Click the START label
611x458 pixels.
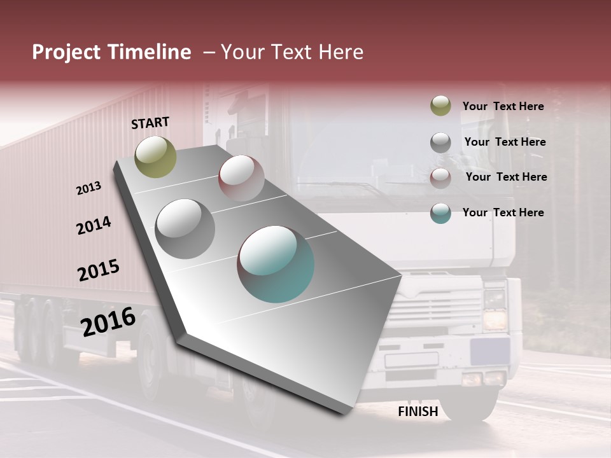[x=150, y=123]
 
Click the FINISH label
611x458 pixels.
[x=418, y=412]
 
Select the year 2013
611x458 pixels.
[x=89, y=188]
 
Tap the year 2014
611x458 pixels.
[x=94, y=225]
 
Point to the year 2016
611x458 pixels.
[x=108, y=321]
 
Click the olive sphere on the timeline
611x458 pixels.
[x=156, y=156]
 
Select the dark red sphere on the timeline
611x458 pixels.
[x=241, y=177]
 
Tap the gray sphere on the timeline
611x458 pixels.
[x=185, y=228]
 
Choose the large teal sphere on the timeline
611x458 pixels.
[x=276, y=263]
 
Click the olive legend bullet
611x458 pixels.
[x=440, y=106]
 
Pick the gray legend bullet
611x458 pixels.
[x=440, y=142]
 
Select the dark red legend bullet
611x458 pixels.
[x=440, y=177]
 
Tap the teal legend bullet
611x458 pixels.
[x=440, y=213]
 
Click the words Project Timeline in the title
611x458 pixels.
[x=111, y=52]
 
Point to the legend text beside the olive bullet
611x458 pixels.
[x=503, y=106]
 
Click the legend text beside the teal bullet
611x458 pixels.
[x=503, y=212]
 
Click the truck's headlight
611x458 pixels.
[x=495, y=318]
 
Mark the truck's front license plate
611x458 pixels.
[x=411, y=359]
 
